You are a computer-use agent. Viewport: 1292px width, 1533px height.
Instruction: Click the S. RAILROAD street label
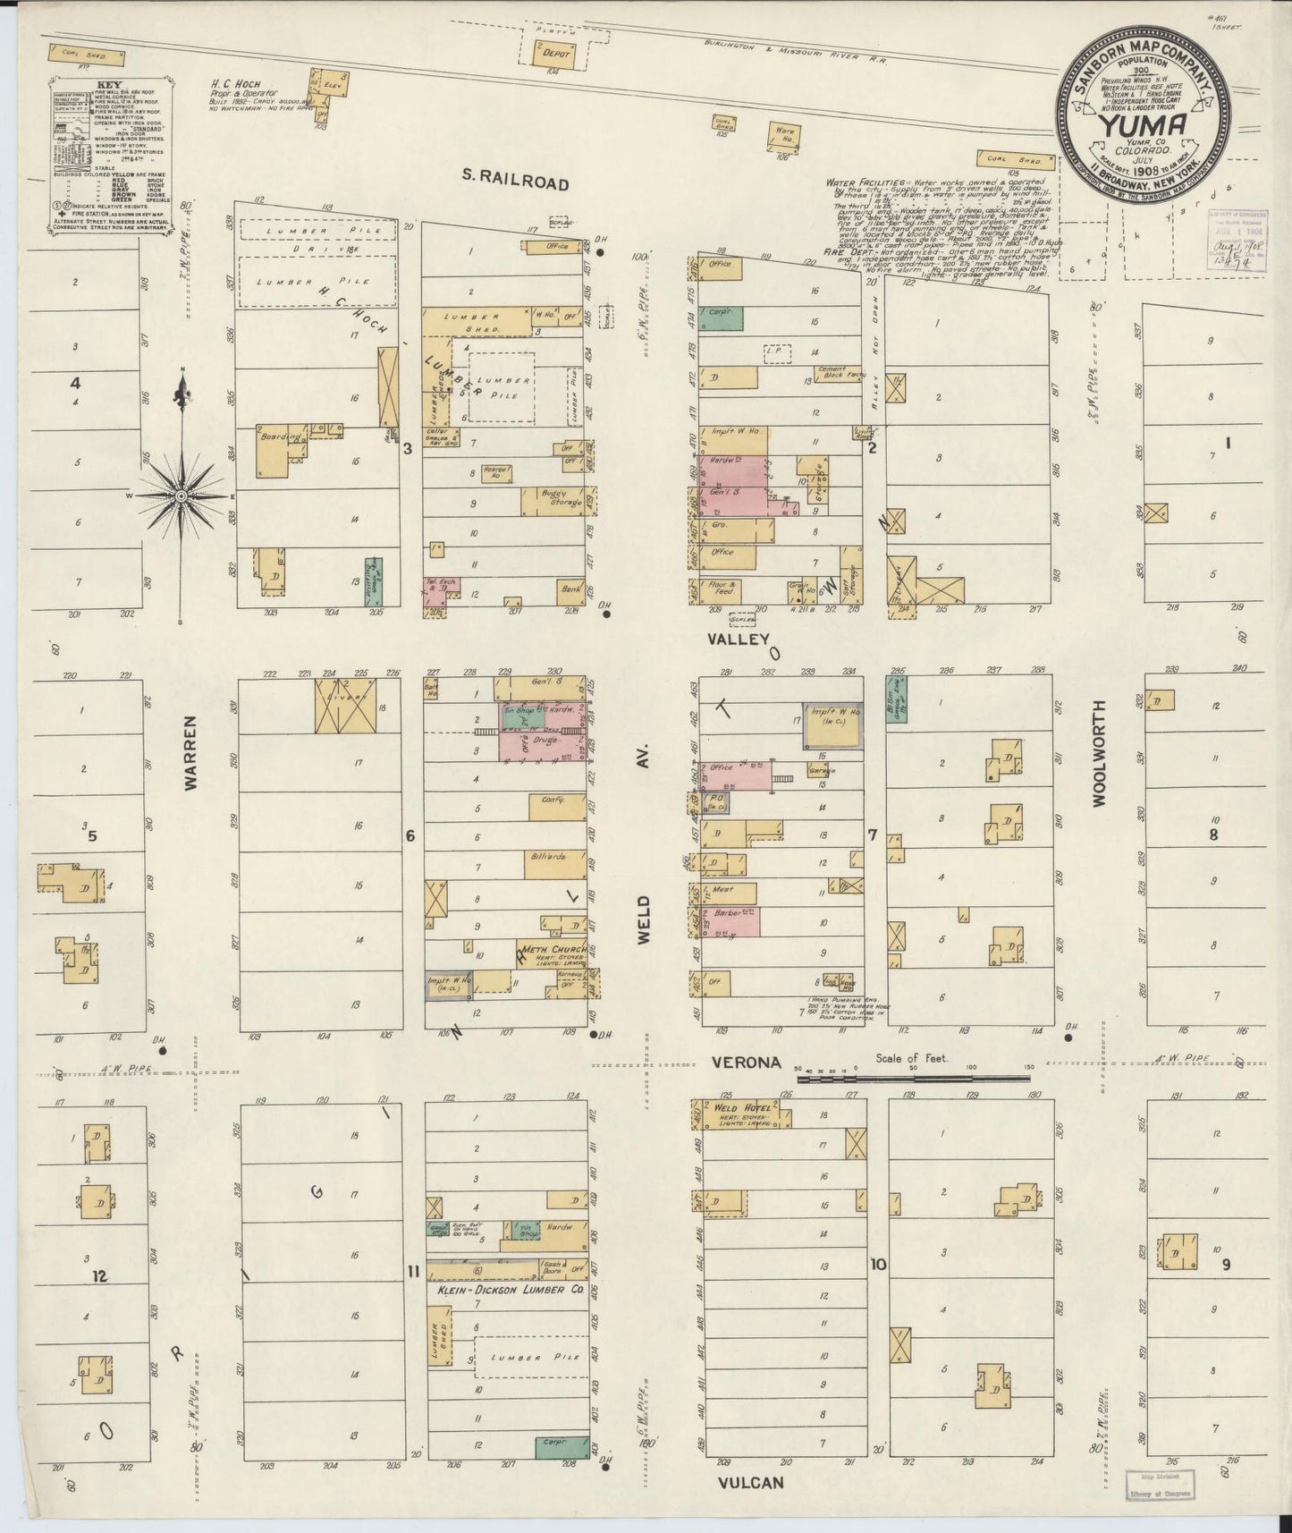pyautogui.click(x=515, y=182)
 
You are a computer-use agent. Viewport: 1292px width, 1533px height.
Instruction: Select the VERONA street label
pyautogui.click(x=747, y=1063)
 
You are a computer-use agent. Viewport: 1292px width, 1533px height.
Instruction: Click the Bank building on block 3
pyautogui.click(x=569, y=590)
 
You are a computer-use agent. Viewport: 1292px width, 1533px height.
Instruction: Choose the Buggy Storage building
pyautogui.click(x=556, y=501)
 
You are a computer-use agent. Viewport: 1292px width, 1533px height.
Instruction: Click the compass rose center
pyautogui.click(x=181, y=495)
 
